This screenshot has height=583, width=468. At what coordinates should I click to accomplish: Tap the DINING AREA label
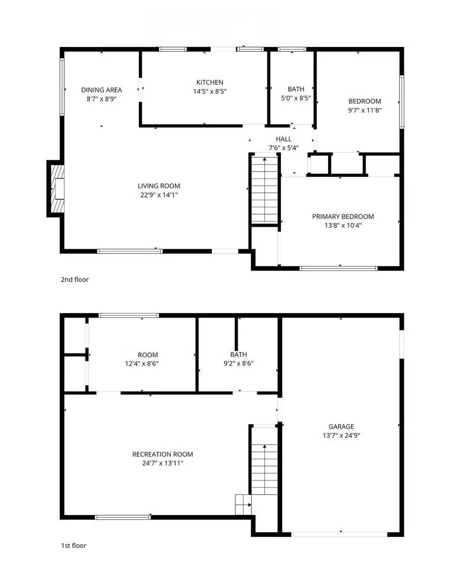click(102, 90)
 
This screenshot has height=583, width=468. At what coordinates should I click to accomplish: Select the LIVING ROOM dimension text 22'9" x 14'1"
click(158, 195)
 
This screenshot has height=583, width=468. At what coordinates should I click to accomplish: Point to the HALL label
click(283, 139)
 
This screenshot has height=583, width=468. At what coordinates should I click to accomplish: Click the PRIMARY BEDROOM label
click(343, 216)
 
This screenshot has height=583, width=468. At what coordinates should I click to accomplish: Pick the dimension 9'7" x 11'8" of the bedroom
click(364, 110)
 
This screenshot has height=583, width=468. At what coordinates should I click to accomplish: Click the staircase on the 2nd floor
click(265, 188)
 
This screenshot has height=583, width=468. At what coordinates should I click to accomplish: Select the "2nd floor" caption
click(75, 280)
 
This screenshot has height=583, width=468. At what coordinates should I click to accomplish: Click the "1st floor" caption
click(73, 546)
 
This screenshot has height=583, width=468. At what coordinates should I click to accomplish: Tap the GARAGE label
click(341, 426)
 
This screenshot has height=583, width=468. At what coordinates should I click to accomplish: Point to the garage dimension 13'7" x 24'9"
click(341, 435)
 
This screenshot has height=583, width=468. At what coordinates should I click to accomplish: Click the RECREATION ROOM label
click(162, 455)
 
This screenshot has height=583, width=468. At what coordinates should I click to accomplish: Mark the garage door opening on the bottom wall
click(339, 534)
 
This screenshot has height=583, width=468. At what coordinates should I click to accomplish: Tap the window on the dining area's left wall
click(62, 87)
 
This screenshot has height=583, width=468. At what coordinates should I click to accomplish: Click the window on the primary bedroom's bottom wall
click(339, 268)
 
